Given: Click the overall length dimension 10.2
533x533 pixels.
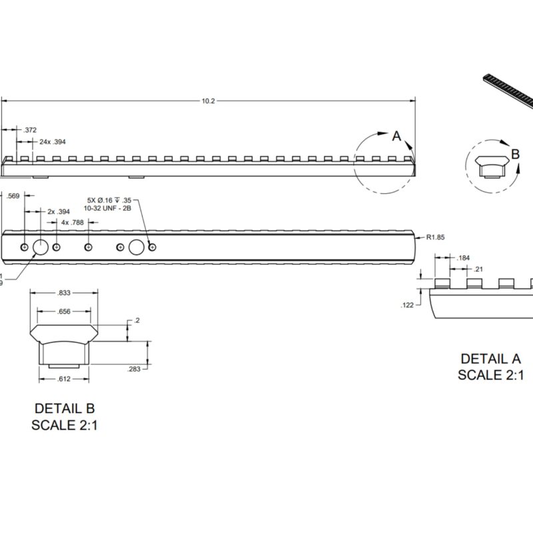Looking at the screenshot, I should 208,101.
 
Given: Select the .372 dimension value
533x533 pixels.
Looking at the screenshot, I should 30,130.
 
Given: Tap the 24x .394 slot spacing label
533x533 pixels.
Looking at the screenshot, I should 53,142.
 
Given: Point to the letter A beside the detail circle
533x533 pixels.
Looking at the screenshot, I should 396,136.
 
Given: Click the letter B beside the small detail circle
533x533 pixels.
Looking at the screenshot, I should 515,154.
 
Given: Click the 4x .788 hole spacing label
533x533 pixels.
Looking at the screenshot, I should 73,223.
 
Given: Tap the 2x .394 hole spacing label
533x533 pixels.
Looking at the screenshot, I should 59,211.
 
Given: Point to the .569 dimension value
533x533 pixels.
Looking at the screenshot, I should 13,196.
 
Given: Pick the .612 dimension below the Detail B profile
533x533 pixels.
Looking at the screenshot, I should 63,379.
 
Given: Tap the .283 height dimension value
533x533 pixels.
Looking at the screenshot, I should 133,368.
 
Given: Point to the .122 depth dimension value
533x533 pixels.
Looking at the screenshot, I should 408,305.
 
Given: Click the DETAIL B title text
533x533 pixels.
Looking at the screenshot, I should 65,408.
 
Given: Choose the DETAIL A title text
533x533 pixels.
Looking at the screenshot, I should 490,359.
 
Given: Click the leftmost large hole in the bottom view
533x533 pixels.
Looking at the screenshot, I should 40,247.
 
